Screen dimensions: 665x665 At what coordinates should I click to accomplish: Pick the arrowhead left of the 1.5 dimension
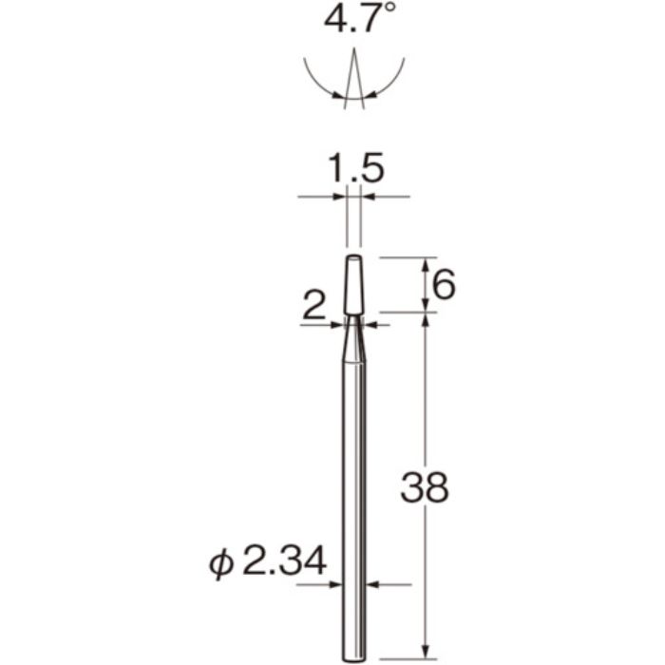(x=340, y=198)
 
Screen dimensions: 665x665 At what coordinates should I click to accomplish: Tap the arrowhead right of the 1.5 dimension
(x=369, y=198)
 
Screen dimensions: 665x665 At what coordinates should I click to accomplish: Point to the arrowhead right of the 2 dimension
(x=370, y=325)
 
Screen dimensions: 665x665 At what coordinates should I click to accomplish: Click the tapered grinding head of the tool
(x=353, y=285)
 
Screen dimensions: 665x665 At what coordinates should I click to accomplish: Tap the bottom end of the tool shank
(x=353, y=655)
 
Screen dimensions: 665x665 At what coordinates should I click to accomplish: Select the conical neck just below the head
(x=353, y=338)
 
